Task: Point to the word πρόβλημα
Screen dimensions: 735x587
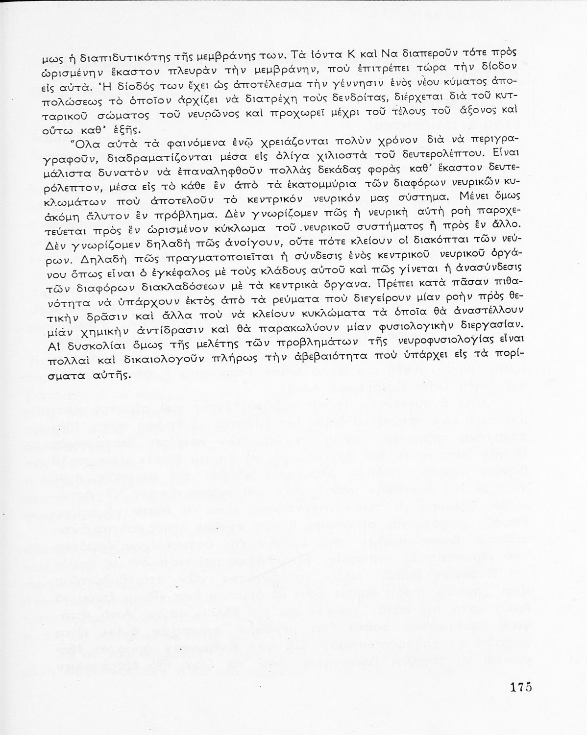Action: click(191, 215)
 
